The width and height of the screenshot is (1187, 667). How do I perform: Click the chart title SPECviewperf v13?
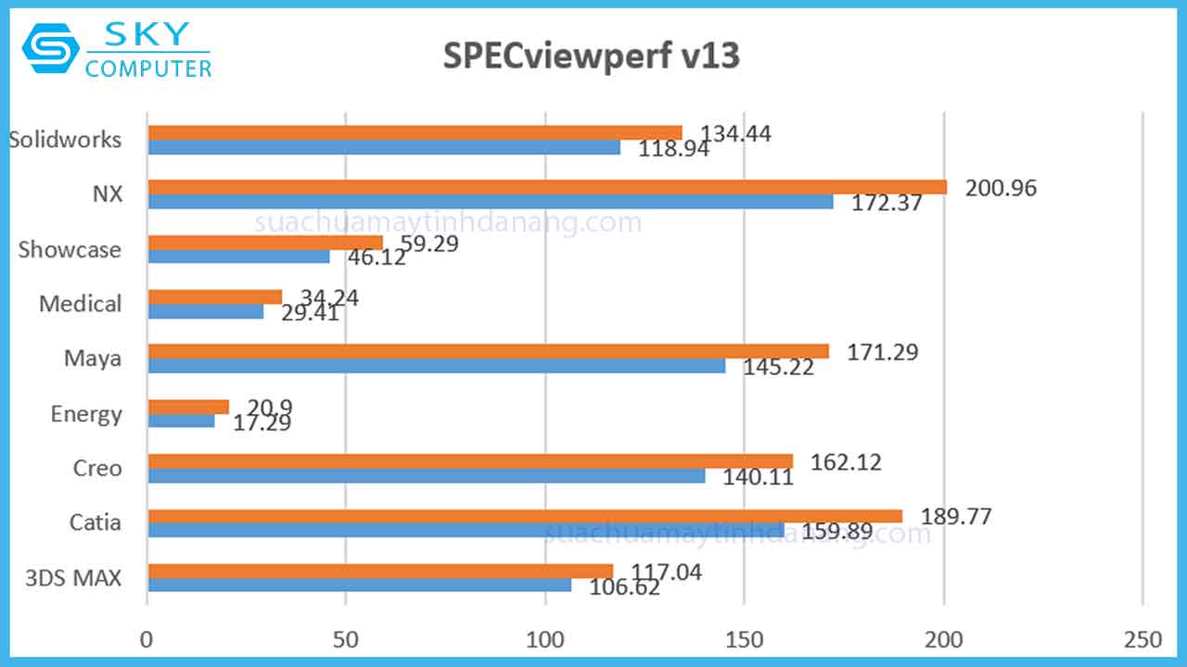point(592,57)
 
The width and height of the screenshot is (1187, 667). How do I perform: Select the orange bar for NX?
point(547,187)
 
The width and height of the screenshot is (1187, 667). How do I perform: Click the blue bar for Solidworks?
point(384,146)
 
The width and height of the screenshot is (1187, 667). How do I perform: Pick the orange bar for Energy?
point(188,407)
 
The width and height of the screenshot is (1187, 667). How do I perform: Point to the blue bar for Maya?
point(437,366)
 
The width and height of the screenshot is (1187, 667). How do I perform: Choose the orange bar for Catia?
point(525,516)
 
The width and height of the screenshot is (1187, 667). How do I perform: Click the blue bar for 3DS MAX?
point(360,585)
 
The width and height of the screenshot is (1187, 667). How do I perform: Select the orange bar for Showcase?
point(265,243)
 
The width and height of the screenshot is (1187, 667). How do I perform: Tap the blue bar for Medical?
point(206,311)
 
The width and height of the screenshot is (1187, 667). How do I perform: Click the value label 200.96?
point(1000,188)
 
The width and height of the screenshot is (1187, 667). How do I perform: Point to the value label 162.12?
point(846,462)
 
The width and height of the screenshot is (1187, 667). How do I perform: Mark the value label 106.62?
point(624,587)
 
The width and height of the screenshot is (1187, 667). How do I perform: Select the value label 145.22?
point(778,368)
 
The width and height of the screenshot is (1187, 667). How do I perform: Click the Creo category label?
point(97,468)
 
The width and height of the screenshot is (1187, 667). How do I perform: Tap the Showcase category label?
point(70,249)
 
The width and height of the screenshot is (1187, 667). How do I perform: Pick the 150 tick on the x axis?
point(745,640)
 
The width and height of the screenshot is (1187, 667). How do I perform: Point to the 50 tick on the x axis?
point(346,640)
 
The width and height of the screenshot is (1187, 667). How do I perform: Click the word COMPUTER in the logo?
point(148,68)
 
